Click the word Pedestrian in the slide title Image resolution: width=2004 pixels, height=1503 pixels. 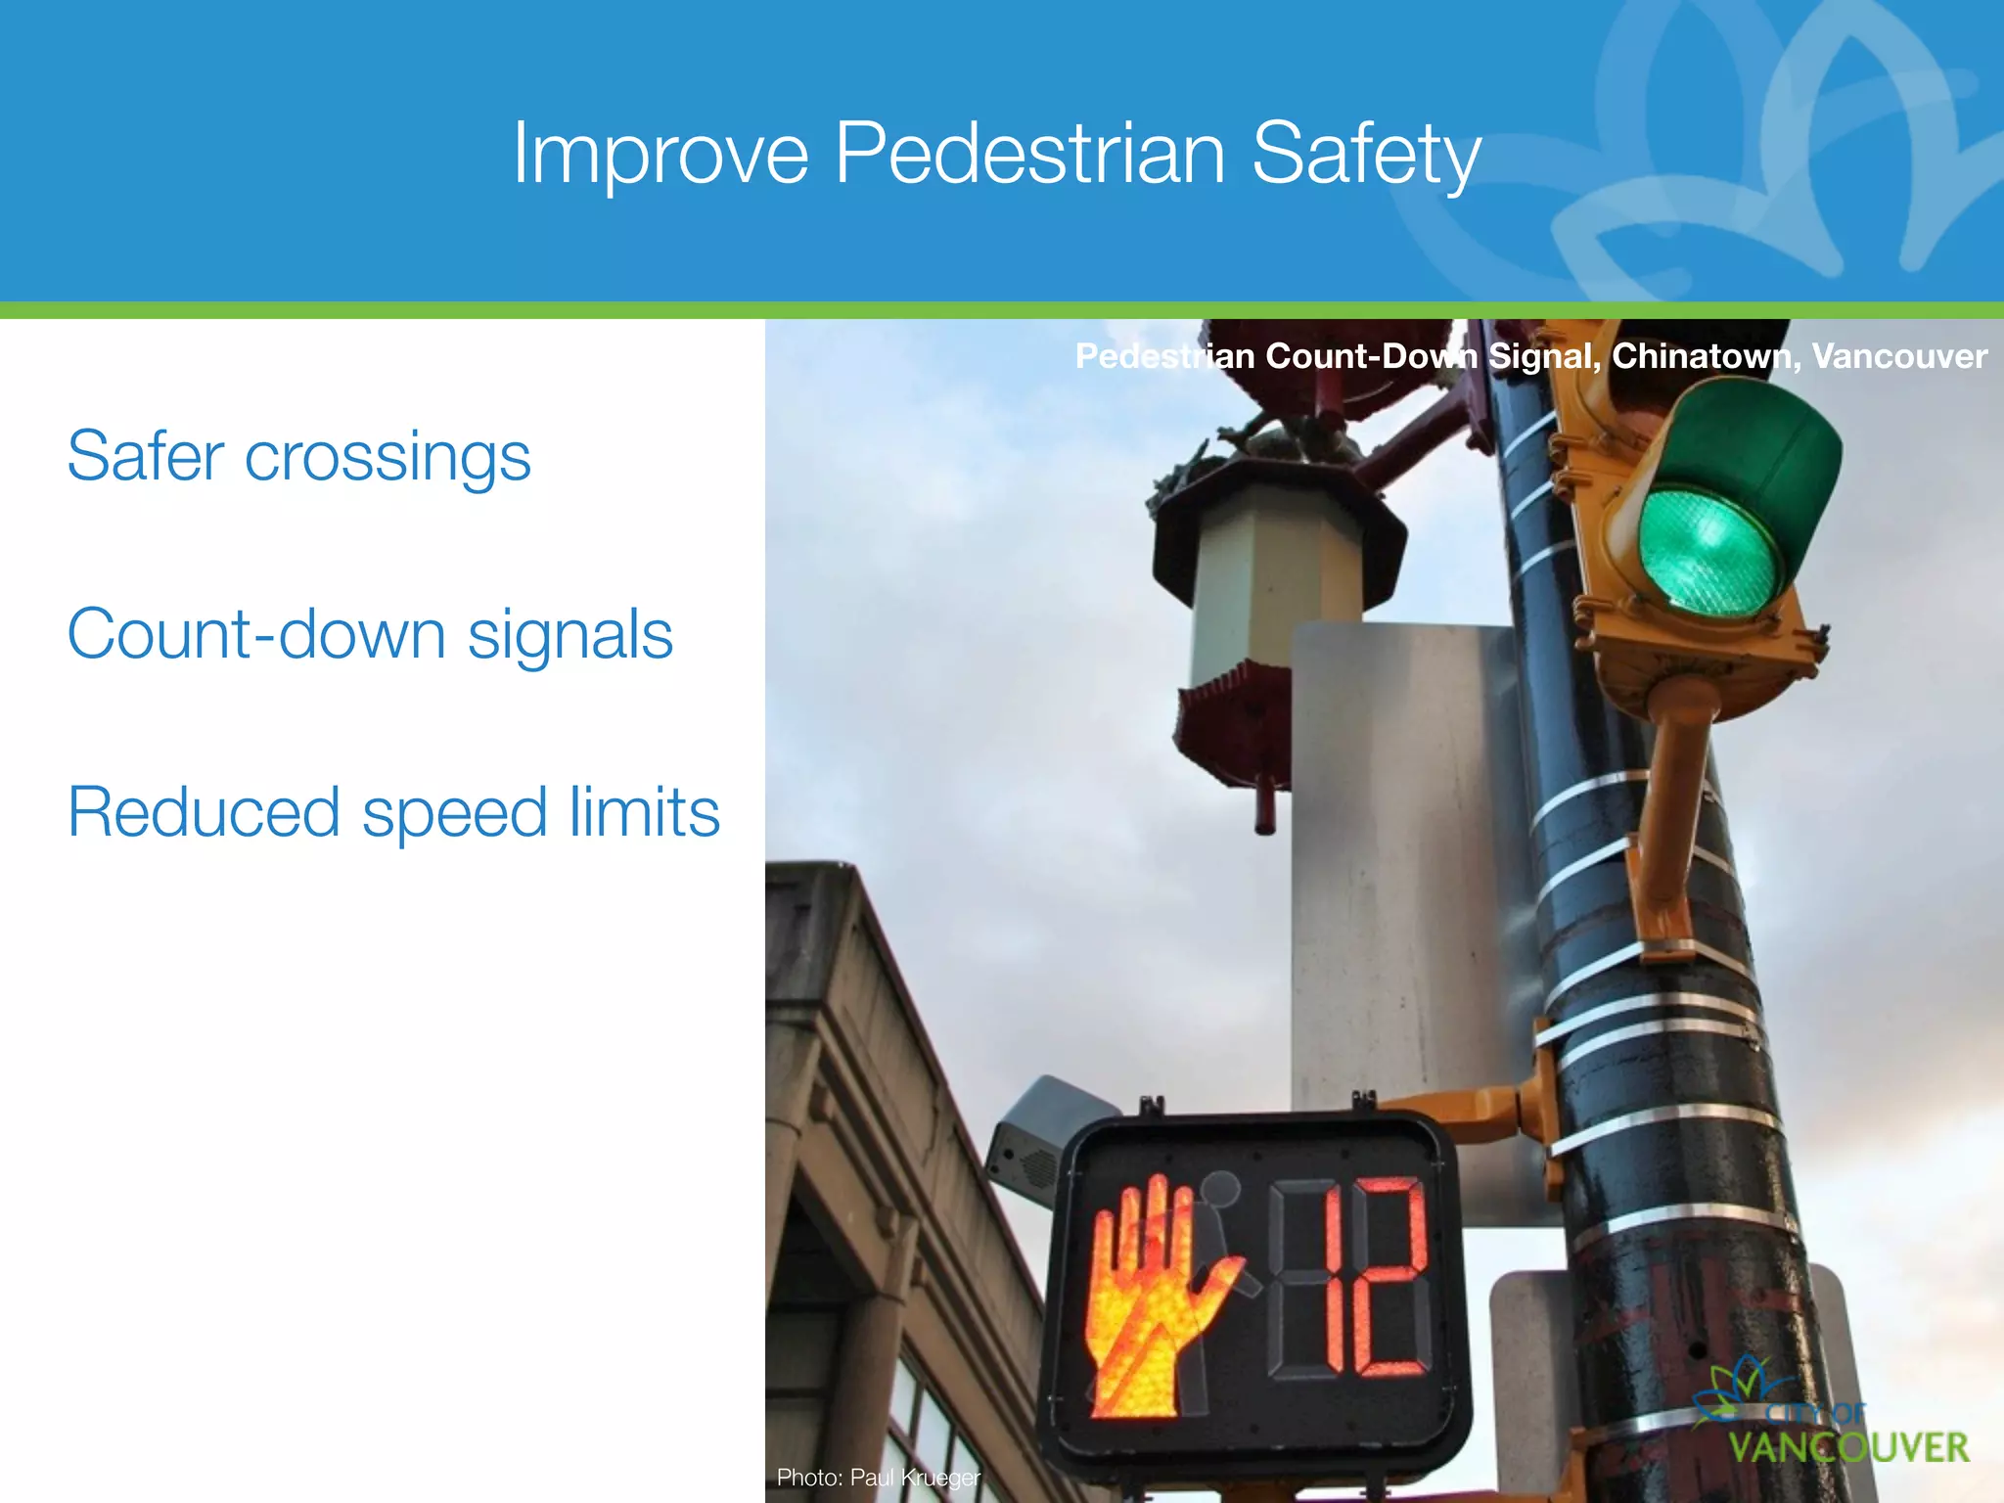(1029, 153)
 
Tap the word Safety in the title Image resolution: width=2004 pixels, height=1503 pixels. (1366, 155)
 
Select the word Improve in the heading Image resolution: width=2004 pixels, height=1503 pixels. (660, 155)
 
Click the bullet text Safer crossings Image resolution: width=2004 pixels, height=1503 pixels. (298, 457)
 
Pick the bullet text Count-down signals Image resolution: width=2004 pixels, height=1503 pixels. (370, 634)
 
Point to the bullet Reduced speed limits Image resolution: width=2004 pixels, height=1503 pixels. (393, 812)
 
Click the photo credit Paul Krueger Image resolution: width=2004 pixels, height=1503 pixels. (914, 1477)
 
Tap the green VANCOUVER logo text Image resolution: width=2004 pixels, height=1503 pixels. (1848, 1447)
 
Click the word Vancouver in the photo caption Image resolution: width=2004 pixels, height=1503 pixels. (1899, 356)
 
